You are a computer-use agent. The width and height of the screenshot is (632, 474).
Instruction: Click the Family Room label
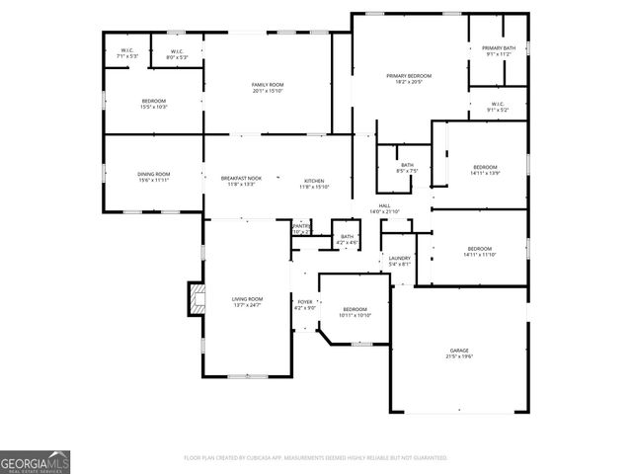click(x=267, y=85)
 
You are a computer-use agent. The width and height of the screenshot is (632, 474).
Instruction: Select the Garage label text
click(x=459, y=351)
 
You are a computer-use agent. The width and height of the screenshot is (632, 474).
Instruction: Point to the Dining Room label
click(x=153, y=174)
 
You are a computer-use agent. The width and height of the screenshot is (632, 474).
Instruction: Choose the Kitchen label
click(x=314, y=181)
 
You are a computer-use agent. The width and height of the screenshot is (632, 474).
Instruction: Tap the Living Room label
click(x=247, y=298)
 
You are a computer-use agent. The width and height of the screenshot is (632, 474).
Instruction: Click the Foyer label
click(x=304, y=301)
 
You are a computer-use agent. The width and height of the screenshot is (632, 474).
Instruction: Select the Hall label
click(x=383, y=206)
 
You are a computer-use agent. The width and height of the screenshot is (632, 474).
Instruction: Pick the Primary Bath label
click(x=498, y=48)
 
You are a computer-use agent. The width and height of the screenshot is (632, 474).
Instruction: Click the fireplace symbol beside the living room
click(x=196, y=298)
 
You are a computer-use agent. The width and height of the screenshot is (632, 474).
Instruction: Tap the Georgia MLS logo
click(x=35, y=461)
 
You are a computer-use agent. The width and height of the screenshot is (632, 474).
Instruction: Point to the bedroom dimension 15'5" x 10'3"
click(x=153, y=107)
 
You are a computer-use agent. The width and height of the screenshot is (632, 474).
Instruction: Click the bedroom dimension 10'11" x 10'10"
click(x=354, y=315)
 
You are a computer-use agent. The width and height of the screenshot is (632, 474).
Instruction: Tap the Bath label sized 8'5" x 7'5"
click(x=407, y=169)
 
